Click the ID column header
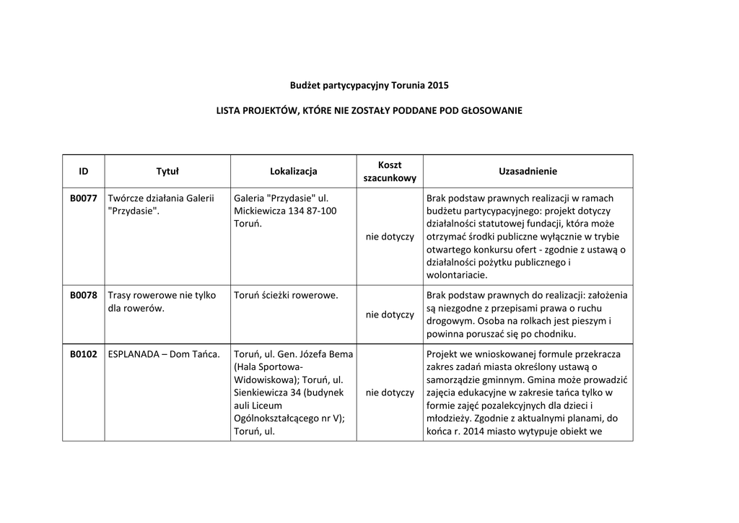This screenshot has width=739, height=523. pyautogui.click(x=84, y=172)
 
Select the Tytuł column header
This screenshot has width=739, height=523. pyautogui.click(x=167, y=172)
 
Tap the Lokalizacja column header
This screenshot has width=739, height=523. pyautogui.click(x=294, y=172)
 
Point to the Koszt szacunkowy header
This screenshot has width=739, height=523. pyautogui.click(x=390, y=172)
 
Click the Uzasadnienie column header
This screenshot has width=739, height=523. pyautogui.click(x=528, y=172)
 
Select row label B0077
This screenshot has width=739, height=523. pyautogui.click(x=84, y=198)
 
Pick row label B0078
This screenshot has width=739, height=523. pyautogui.click(x=84, y=295)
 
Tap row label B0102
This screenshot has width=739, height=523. pyautogui.click(x=84, y=354)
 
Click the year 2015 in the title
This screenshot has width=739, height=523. pyautogui.click(x=438, y=85)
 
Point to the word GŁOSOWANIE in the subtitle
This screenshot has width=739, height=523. pyautogui.click(x=486, y=111)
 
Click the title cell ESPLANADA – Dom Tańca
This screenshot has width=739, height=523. pyautogui.click(x=163, y=354)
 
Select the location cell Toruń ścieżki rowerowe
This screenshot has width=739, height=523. pyautogui.click(x=287, y=295)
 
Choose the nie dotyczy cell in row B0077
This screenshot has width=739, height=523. pyautogui.click(x=390, y=237)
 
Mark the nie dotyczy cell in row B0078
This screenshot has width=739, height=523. pyautogui.click(x=390, y=315)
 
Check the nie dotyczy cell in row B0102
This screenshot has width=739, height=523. pyautogui.click(x=390, y=393)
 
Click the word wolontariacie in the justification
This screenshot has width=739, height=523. pyautogui.click(x=457, y=276)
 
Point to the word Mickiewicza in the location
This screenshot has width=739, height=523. pyautogui.click(x=261, y=211)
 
